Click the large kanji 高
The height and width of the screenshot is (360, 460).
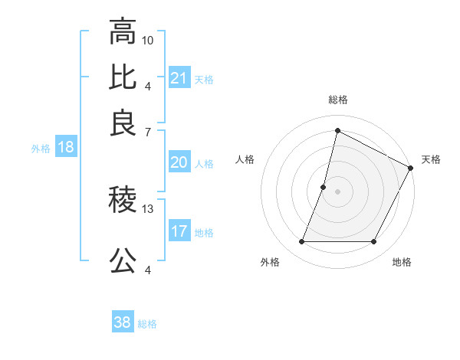[123, 33]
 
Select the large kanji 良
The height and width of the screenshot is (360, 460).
[123, 123]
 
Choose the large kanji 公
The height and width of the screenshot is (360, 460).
[123, 261]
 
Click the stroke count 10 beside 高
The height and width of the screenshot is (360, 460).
[148, 39]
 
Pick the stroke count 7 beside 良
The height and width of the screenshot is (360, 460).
[148, 132]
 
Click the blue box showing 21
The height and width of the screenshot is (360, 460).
[179, 77]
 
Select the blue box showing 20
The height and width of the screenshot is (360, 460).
[179, 162]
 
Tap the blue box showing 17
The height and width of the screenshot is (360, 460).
[179, 231]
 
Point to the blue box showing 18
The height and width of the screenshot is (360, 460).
[66, 148]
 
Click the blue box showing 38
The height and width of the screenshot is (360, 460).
[123, 322]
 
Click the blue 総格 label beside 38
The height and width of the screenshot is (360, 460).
[147, 324]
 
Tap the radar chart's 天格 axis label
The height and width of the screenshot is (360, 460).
[431, 159]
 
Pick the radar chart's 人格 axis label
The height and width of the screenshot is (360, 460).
[245, 159]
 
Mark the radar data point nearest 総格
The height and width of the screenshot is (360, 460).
[337, 130]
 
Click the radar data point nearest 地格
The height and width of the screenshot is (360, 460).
[374, 242]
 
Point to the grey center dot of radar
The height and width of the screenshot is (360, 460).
[337, 191]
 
